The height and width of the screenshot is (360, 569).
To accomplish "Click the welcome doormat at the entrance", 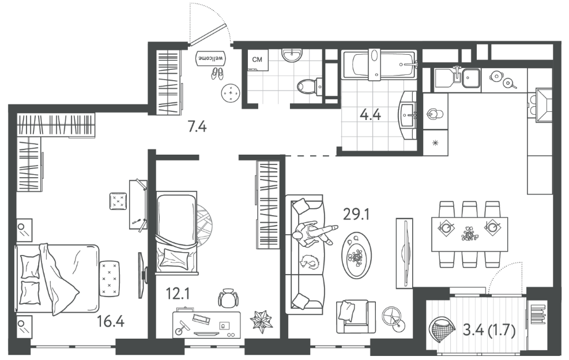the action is (211, 58).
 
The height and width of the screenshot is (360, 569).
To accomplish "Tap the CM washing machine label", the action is (257, 59).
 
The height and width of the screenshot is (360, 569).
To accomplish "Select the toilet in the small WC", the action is (309, 87).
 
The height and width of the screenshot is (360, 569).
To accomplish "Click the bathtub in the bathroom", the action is (379, 65).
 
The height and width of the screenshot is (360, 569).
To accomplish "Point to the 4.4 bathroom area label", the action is (370, 115).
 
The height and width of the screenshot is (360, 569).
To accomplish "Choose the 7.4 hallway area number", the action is (197, 127).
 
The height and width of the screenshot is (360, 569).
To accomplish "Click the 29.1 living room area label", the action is (356, 215).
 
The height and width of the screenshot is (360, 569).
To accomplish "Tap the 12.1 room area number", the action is (178, 293).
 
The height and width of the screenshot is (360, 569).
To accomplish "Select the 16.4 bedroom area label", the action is (111, 321).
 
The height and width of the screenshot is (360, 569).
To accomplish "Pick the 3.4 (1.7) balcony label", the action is (489, 331).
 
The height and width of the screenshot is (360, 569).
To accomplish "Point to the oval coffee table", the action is (357, 255).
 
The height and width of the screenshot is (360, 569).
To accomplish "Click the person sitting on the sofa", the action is (313, 234).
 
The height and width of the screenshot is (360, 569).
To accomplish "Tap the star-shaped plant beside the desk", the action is (261, 321).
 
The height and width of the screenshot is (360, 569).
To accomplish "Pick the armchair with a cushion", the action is (356, 316).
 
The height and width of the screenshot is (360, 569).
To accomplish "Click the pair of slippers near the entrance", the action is (217, 73).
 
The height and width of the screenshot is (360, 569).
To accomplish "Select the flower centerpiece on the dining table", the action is (469, 233).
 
